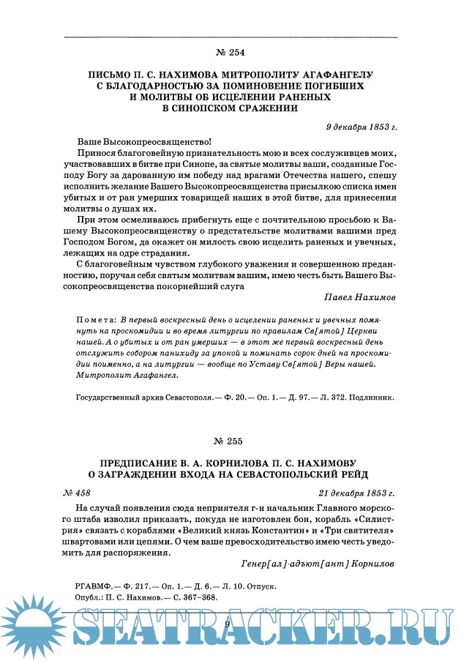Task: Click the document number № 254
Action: tap(230, 53)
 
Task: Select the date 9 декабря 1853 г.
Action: tap(361, 127)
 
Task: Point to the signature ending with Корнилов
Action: tap(318, 564)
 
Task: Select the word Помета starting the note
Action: tap(96, 321)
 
